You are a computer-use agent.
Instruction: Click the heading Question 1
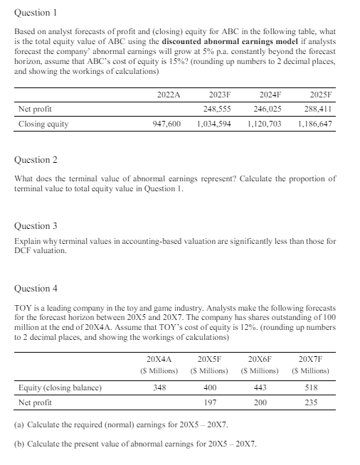click(35, 13)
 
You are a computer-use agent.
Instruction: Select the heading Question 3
click(35, 226)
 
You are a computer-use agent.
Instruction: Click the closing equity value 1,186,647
click(319, 124)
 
